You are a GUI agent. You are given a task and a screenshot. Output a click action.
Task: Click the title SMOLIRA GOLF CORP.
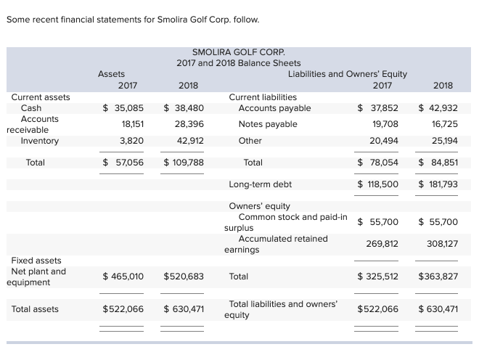(238, 52)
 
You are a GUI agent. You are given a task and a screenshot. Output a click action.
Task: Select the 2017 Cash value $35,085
(123, 108)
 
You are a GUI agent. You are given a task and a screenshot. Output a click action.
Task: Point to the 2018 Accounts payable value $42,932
(438, 108)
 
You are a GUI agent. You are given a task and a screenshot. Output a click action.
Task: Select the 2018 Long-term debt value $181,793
(438, 184)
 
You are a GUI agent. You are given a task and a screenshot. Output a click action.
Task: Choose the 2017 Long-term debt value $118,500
(379, 184)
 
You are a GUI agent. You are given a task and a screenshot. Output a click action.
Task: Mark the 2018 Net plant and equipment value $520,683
(184, 277)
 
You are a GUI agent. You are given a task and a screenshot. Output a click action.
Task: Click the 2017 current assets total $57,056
(123, 163)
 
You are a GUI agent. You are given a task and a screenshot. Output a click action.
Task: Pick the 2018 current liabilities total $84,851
(438, 163)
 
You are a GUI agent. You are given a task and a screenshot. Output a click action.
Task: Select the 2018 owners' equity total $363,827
(438, 277)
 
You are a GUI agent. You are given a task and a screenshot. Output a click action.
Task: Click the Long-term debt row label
(260, 184)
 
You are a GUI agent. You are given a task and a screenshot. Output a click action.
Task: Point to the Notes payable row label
(268, 124)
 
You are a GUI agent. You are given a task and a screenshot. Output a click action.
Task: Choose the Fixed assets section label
(36, 261)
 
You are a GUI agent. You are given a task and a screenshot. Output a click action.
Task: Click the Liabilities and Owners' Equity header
(347, 74)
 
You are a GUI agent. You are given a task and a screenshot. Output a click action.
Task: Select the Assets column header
(111, 74)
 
